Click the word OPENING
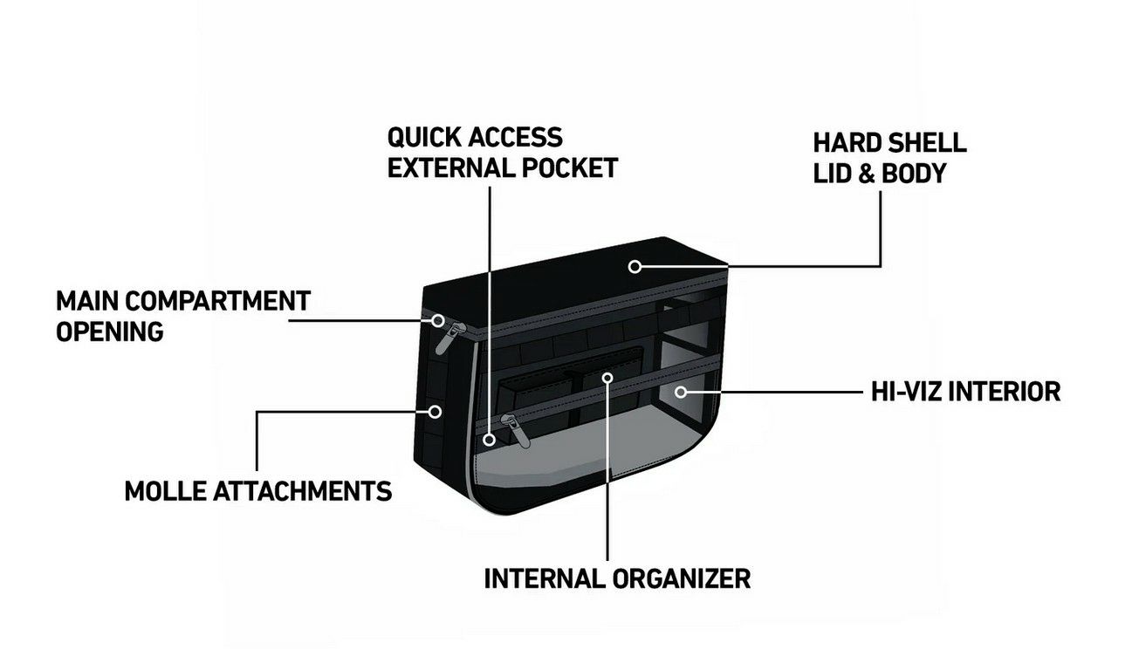click(109, 331)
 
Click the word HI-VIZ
click(904, 391)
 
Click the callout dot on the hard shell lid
click(635, 266)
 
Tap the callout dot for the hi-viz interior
click(680, 392)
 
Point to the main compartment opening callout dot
click(438, 320)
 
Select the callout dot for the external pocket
click(490, 440)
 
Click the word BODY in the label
click(914, 173)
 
